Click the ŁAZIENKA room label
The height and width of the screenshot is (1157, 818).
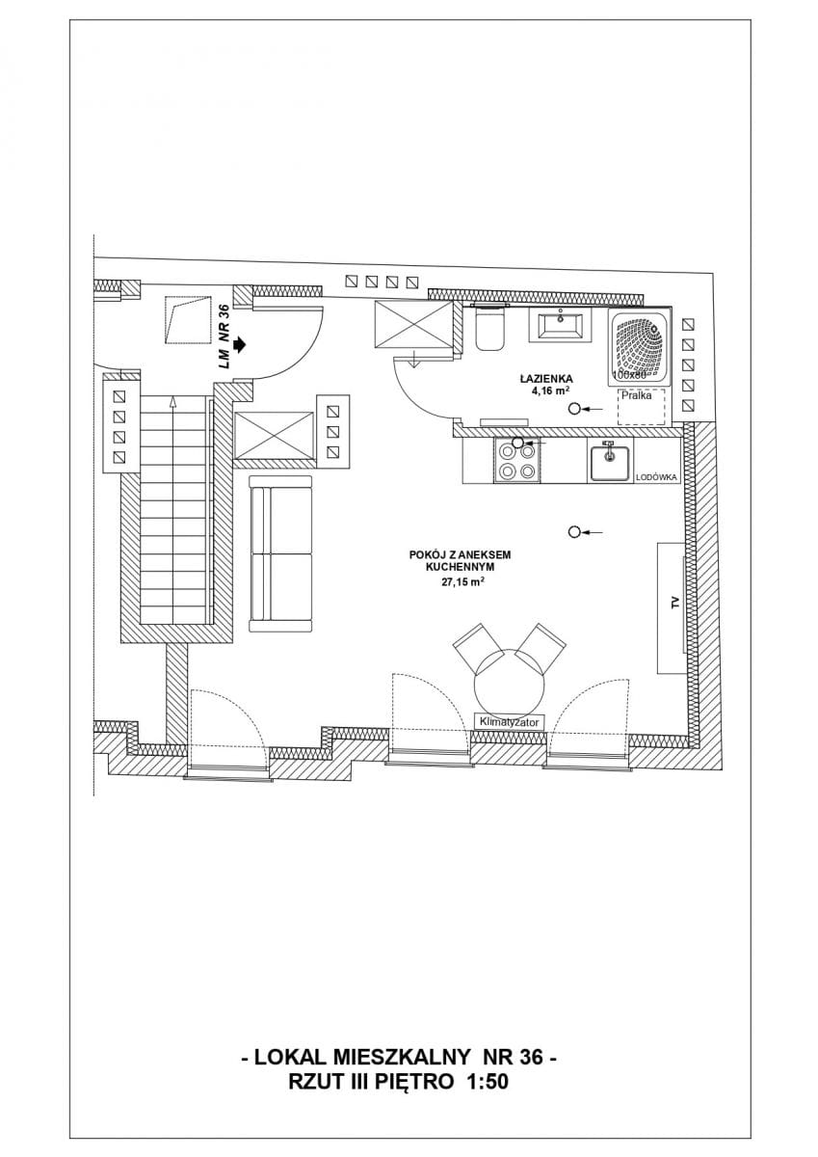tap(546, 379)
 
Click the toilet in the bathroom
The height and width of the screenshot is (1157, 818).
tap(489, 329)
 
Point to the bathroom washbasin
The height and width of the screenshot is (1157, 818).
tap(561, 324)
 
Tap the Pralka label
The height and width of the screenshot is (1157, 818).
tap(636, 396)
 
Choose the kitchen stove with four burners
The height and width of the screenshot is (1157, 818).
tap(516, 460)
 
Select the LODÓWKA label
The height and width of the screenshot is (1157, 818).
tap(656, 478)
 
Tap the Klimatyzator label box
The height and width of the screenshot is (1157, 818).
tap(510, 721)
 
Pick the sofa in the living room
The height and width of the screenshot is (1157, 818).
tap(281, 553)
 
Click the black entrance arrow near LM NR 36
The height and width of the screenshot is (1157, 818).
tap(241, 344)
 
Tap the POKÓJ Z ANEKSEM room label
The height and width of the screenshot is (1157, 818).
tap(460, 555)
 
